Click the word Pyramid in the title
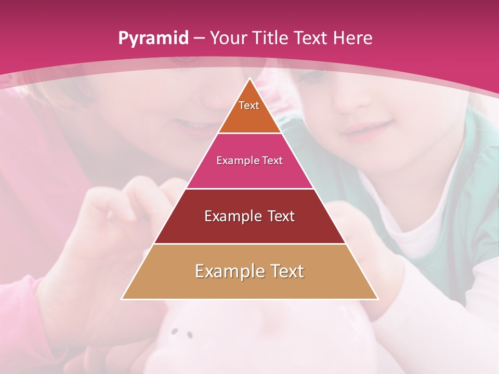tap(153, 38)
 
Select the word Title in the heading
tap(271, 38)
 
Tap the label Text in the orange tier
tap(249, 105)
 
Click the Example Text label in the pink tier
tap(249, 161)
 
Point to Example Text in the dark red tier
tap(249, 216)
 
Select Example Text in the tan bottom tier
tap(249, 271)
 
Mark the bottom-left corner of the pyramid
tap(122, 299)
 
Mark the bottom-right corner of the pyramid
tap(377, 299)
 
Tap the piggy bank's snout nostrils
tap(182, 333)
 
